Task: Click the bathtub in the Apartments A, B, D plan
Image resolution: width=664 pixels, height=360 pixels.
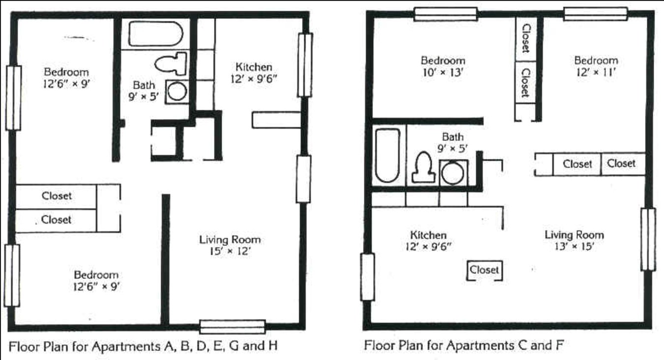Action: click(x=155, y=33)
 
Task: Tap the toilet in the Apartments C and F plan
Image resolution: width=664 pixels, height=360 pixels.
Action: click(x=423, y=167)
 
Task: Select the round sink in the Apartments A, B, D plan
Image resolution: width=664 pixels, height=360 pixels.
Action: click(x=177, y=91)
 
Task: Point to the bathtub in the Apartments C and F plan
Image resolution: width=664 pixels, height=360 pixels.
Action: click(x=388, y=155)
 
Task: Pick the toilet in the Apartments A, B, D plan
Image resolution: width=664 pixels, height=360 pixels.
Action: click(x=171, y=63)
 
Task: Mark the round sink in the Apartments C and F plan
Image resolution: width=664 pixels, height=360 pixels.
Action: click(x=453, y=173)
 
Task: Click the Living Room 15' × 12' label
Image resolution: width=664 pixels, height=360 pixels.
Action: click(x=230, y=245)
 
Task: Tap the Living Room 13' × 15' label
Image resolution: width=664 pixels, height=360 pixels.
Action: click(x=574, y=240)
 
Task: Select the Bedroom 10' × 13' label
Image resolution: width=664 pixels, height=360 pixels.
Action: click(x=443, y=66)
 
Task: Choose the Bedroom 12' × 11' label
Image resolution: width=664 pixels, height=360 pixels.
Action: click(x=596, y=66)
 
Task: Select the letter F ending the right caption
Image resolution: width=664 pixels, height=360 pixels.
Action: click(x=559, y=345)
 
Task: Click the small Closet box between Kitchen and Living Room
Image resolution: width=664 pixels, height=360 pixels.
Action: click(x=484, y=270)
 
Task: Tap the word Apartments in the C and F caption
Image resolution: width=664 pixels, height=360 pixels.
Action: click(x=480, y=346)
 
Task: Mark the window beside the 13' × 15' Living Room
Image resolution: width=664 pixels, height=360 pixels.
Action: click(x=648, y=240)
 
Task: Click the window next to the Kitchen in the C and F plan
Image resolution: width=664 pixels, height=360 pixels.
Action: click(x=367, y=277)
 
